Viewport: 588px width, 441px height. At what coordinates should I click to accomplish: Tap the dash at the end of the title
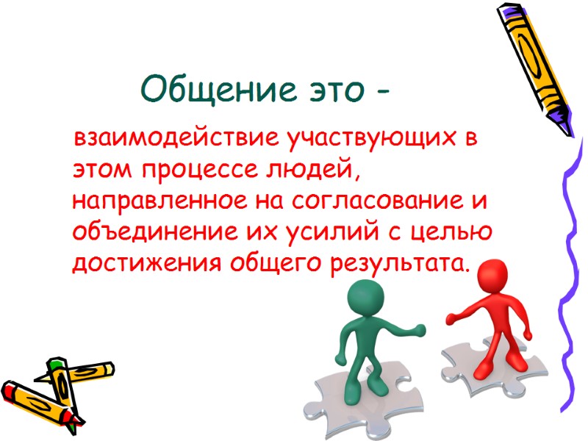click(x=381, y=93)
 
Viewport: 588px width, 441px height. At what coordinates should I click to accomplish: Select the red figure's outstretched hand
click(x=451, y=319)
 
